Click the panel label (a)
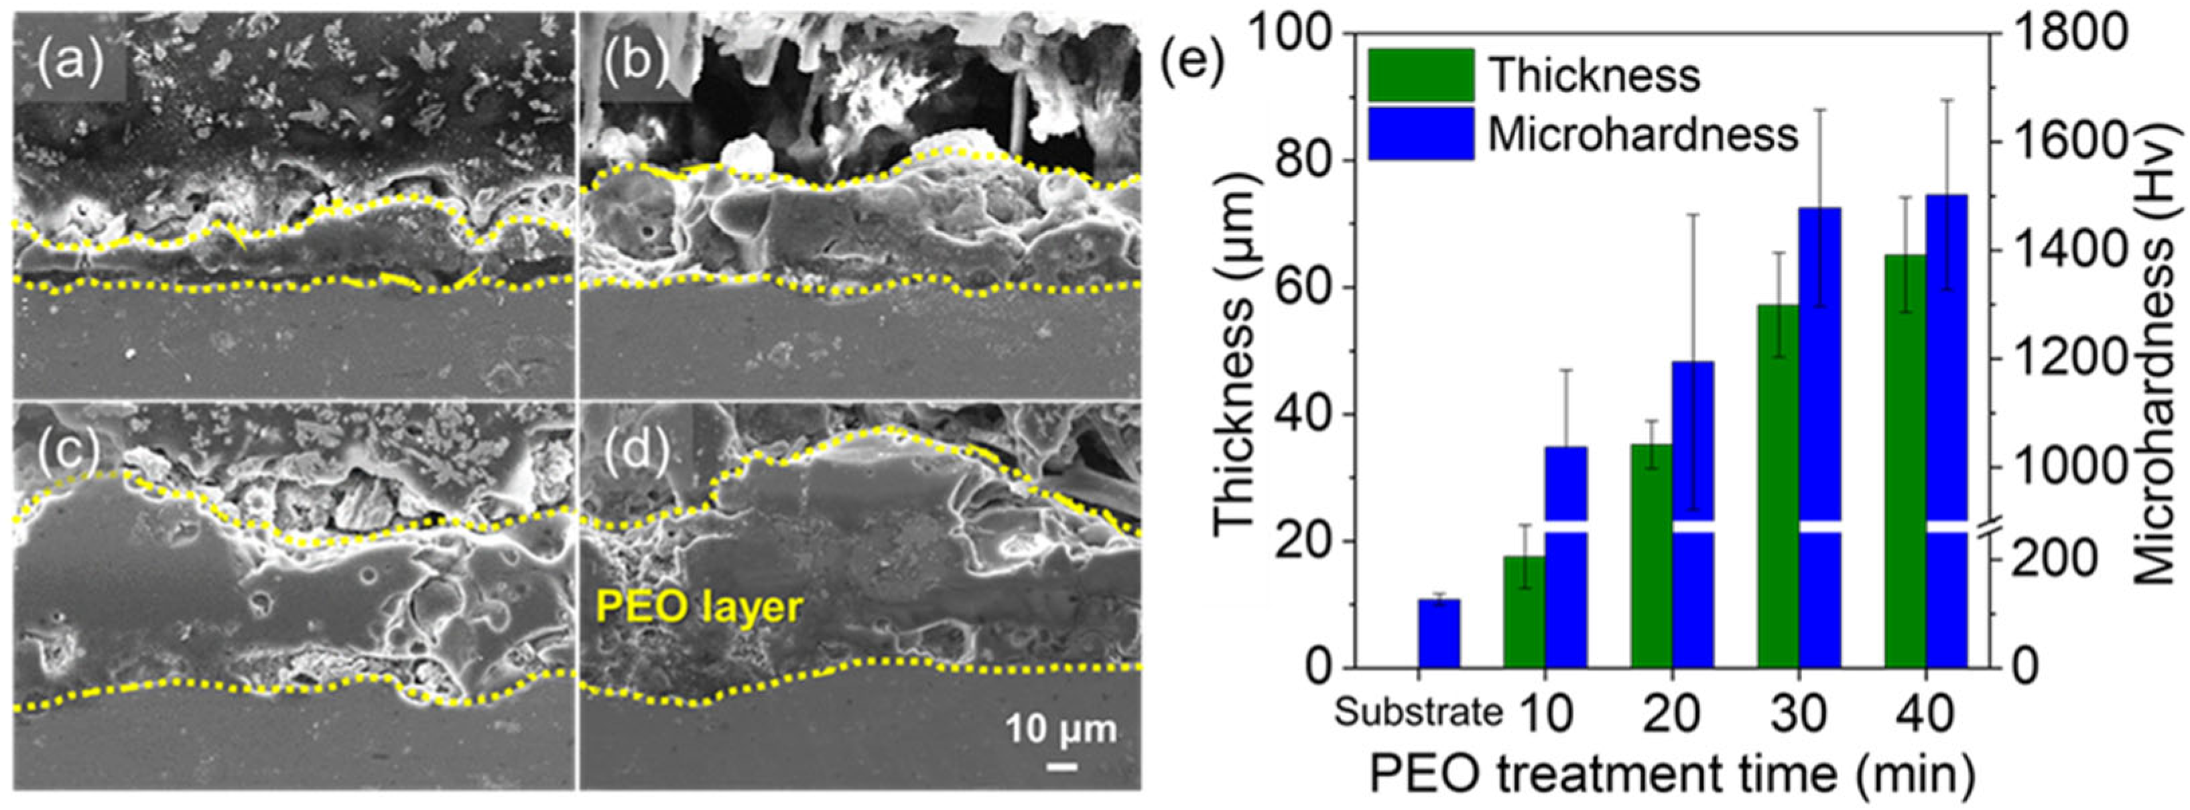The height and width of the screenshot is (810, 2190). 70,61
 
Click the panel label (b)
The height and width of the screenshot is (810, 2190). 635,61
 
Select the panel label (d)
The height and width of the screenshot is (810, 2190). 635,450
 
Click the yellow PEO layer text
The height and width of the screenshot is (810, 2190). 699,607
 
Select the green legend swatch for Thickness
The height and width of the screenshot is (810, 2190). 1421,75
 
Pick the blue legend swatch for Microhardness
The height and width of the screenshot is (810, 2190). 1421,133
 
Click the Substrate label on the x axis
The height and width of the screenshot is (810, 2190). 1417,712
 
